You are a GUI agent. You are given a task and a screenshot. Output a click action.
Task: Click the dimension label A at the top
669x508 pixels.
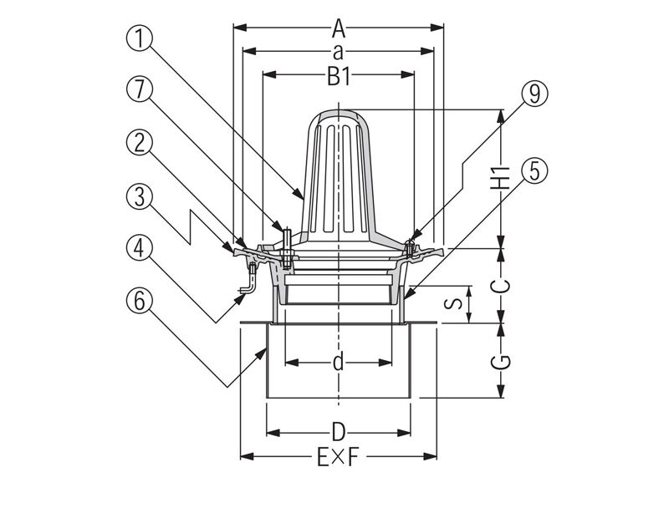338,29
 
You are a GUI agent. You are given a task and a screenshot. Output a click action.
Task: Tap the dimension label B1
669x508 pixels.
338,77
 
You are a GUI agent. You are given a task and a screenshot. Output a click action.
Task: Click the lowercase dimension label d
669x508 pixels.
338,363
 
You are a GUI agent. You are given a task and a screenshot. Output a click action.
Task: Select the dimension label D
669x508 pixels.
338,432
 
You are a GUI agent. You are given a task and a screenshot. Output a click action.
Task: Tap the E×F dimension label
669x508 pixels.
338,457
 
